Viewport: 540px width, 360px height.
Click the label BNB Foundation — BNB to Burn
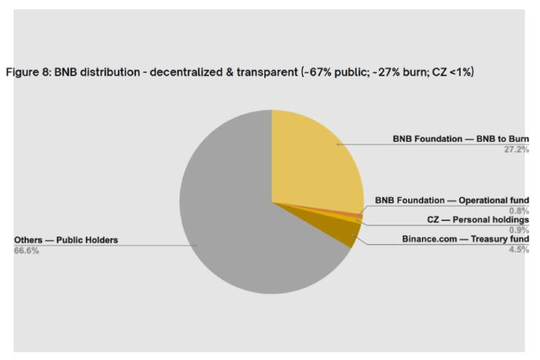click(x=461, y=138)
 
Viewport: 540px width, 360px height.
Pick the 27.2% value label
click(x=517, y=150)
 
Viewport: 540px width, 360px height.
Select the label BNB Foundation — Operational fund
click(x=452, y=200)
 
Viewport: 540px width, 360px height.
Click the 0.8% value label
click(x=519, y=211)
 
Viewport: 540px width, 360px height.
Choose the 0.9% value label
click(x=519, y=230)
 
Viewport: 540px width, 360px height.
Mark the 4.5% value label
click(x=519, y=249)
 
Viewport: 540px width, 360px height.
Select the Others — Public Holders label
click(x=66, y=240)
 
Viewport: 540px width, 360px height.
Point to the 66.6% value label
click(x=27, y=251)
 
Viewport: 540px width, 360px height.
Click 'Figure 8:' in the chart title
click(x=28, y=73)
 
